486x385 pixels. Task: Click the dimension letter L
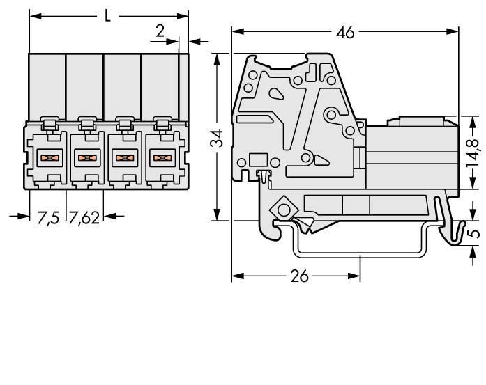[107, 15]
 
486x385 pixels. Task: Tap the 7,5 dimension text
[47, 217]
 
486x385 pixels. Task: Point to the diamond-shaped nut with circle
[282, 208]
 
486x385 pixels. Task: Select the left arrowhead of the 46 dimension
[236, 32]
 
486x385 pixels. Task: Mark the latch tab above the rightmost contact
[162, 125]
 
